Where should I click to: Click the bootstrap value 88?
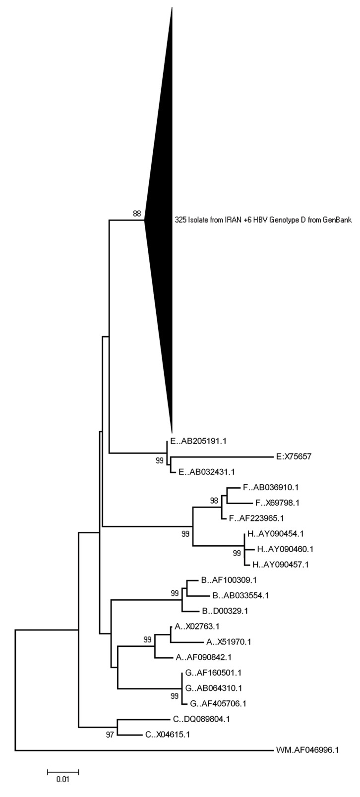137,214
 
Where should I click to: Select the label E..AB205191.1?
198,441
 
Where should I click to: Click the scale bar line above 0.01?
63,771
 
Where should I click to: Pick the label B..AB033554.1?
234,595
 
